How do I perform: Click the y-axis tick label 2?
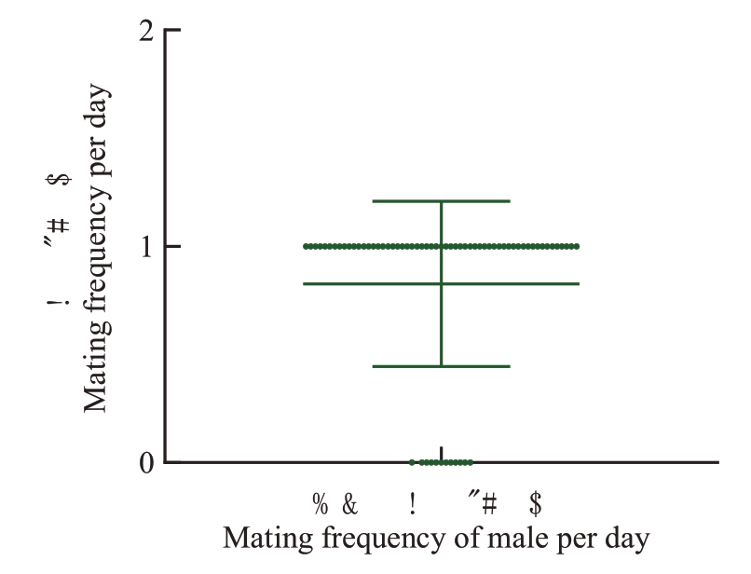pos(146,31)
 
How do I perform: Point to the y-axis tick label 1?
pos(146,247)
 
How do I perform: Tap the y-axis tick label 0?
pos(146,462)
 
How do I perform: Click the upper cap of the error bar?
pos(441,200)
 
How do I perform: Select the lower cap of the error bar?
pos(441,366)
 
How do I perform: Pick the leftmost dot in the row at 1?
pos(306,246)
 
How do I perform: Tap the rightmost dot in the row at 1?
pos(577,246)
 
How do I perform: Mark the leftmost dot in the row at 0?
pos(412,462)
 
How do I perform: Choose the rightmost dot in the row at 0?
pos(470,462)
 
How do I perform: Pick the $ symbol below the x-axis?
pos(536,505)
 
